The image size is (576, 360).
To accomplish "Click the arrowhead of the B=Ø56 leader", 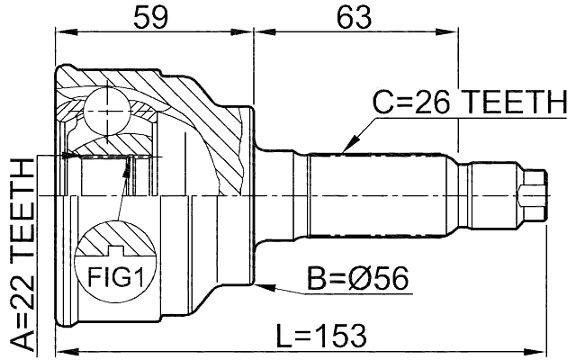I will pyautogui.click(x=260, y=287).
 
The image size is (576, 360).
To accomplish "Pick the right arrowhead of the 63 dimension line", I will pyautogui.click(x=455, y=30).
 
